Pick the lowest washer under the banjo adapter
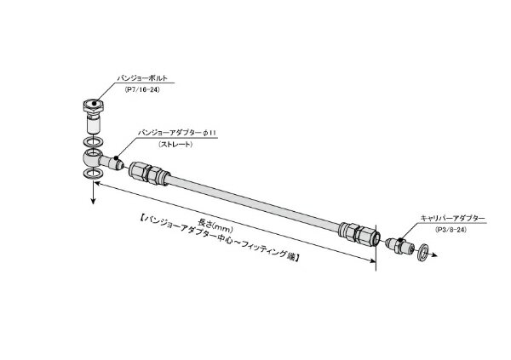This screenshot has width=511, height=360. click(x=92, y=174)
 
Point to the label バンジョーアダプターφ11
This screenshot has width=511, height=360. click(x=176, y=134)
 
